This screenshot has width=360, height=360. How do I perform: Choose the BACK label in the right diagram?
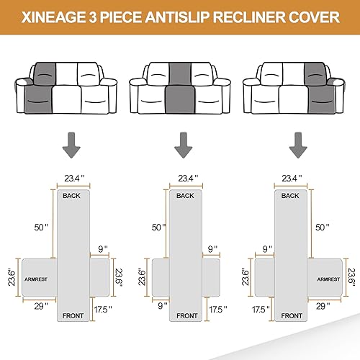coord(290,196)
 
